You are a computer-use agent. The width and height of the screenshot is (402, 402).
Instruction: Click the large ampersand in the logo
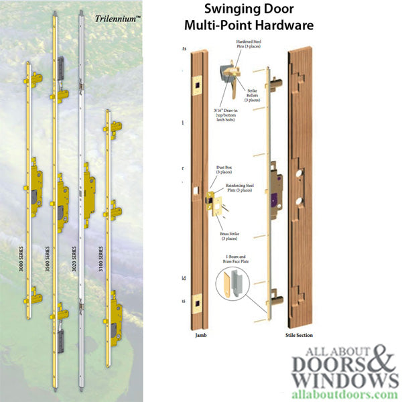pyautogui.click(x=379, y=366)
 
